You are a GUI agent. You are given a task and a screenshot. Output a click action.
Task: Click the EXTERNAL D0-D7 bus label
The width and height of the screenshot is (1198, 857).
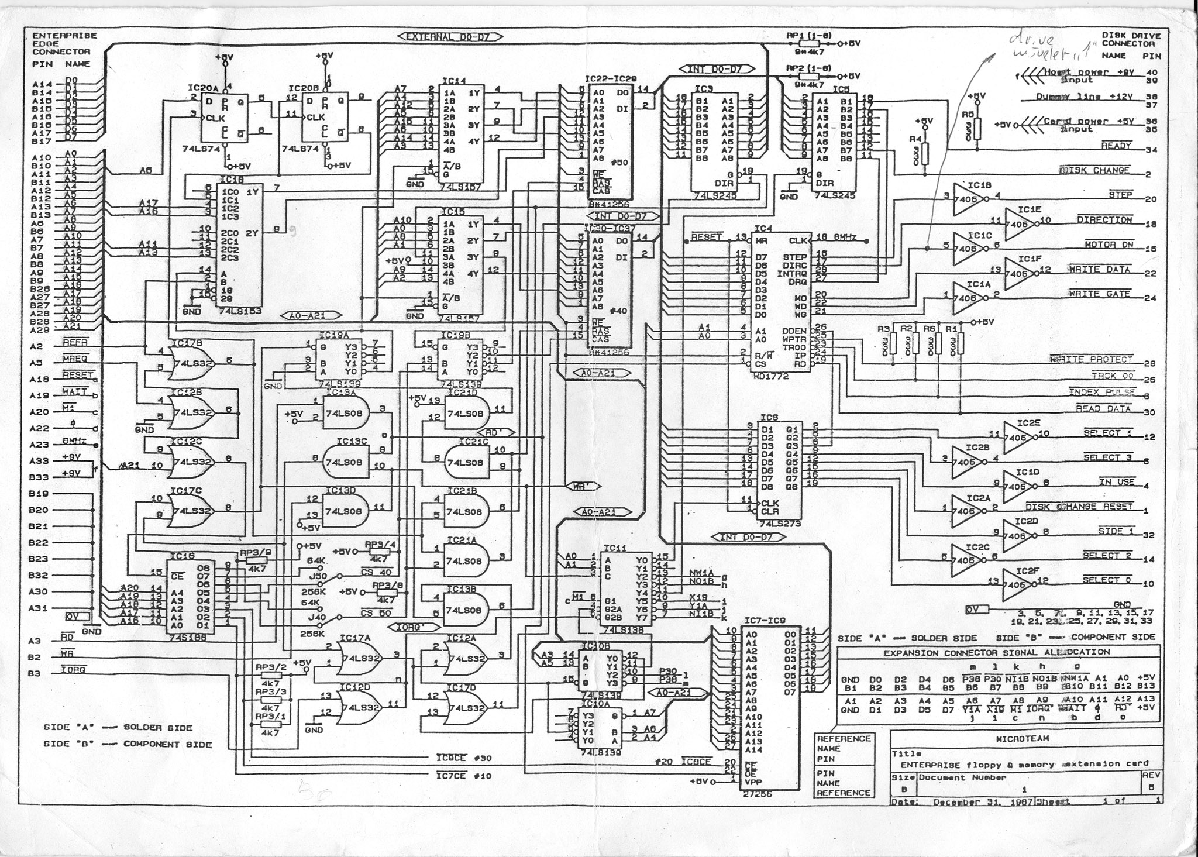point(450,37)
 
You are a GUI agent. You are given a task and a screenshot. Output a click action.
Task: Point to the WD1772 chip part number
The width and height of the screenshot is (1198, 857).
point(771,376)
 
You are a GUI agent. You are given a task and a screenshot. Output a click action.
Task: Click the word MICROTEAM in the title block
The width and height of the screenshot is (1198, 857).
point(1023,738)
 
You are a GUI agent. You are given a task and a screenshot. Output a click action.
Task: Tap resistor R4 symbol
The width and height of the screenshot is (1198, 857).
point(924,155)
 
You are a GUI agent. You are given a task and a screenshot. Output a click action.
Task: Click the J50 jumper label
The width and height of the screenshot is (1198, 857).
point(318,576)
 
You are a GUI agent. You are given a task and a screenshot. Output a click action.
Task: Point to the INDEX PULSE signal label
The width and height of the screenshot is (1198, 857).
point(1101,392)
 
